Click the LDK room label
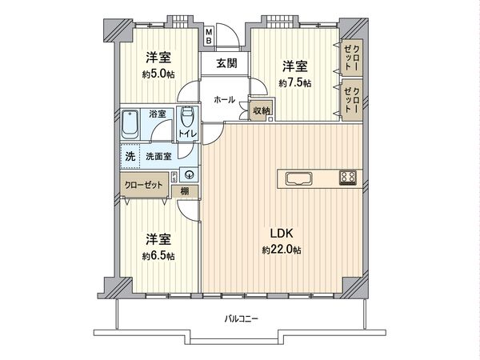pyautogui.click(x=281, y=233)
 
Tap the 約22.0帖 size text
pyautogui.click(x=281, y=250)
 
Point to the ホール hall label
pyautogui.click(x=224, y=100)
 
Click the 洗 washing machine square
pyautogui.click(x=130, y=157)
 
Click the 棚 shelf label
pyautogui.click(x=186, y=190)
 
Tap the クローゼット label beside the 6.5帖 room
pyautogui.click(x=142, y=183)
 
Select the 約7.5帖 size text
pyautogui.click(x=294, y=83)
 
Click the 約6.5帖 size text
pyautogui.click(x=158, y=256)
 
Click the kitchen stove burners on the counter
pyautogui.click(x=347, y=177)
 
